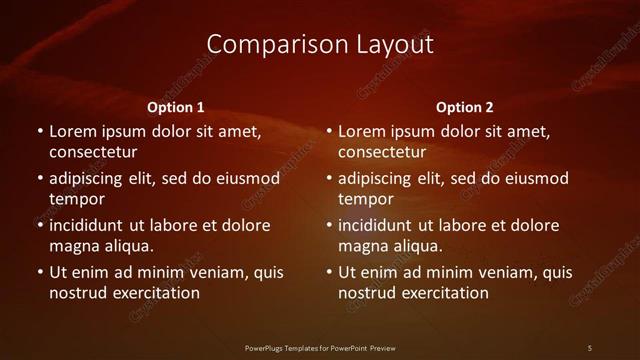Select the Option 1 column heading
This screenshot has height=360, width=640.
click(175, 107)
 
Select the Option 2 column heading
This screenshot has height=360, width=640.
click(465, 107)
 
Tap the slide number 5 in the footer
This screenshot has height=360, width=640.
click(590, 347)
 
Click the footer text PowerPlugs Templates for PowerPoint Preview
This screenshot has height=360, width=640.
click(320, 347)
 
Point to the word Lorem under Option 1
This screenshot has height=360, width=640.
click(73, 131)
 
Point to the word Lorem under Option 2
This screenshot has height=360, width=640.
click(362, 131)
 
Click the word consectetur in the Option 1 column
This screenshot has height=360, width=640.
click(93, 152)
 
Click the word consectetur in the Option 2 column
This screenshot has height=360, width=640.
click(382, 152)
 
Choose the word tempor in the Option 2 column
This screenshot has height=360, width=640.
click(366, 199)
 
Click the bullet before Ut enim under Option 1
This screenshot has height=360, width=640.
click(40, 272)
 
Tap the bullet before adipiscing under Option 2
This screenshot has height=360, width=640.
click(329, 178)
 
